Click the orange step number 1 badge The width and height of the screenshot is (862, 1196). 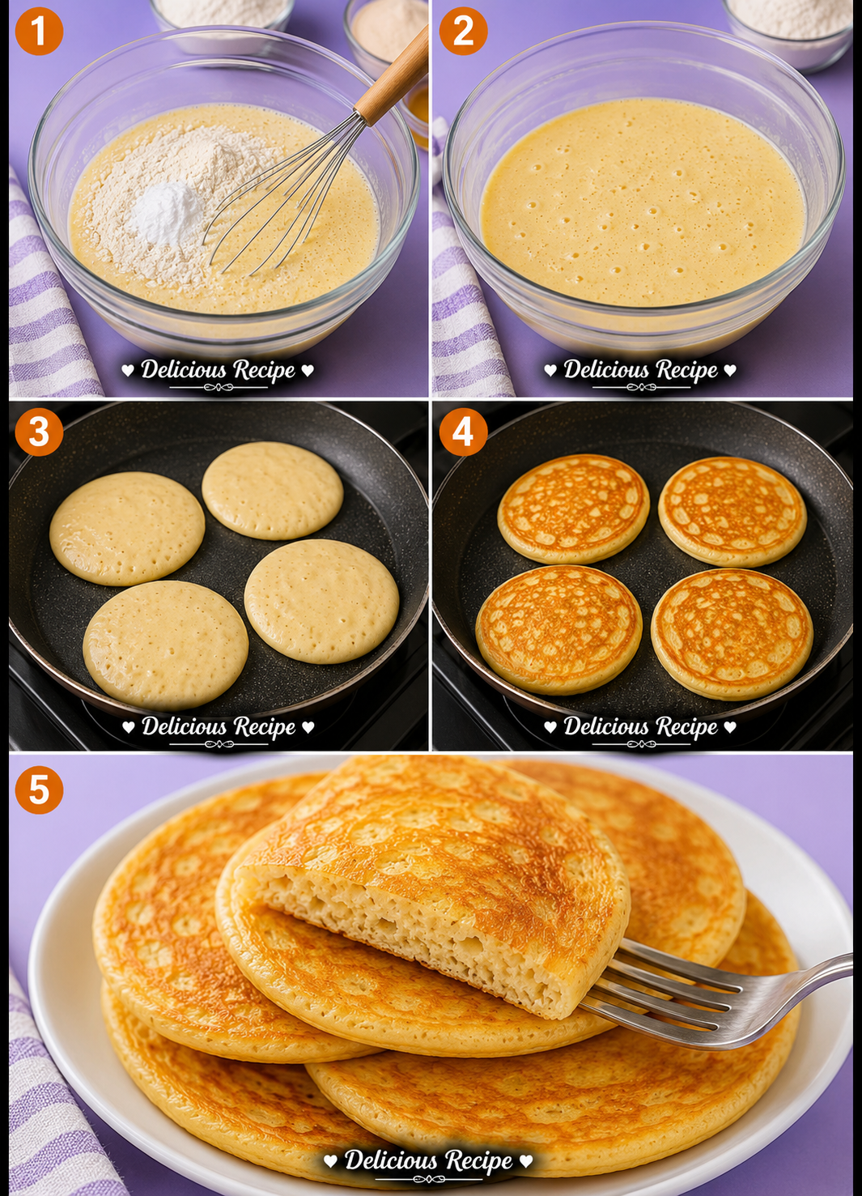coord(39,31)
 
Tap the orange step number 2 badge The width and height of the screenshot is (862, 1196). coord(463,31)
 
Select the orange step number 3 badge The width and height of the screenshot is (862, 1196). coord(39,432)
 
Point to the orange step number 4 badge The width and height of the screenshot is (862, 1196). coord(463,432)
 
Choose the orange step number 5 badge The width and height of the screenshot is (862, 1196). coord(39,790)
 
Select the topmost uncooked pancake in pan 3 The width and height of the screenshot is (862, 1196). coord(272,490)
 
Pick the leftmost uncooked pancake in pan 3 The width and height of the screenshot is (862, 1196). coord(127,528)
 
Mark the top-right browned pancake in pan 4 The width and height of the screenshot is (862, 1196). coord(732,512)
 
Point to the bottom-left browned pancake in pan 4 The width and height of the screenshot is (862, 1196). coord(558,629)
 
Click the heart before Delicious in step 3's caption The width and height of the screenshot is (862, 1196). coord(128,726)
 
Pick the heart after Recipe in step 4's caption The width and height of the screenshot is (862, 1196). coord(730,726)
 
